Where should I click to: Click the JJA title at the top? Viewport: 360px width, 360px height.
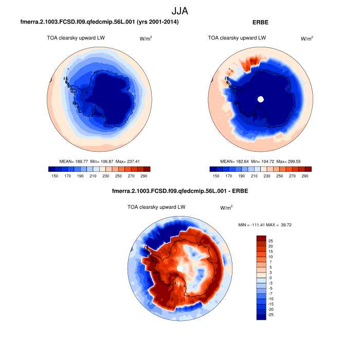coord(180,10)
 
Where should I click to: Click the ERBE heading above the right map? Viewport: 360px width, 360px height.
coord(260,23)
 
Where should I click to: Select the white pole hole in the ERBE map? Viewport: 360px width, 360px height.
coord(261,99)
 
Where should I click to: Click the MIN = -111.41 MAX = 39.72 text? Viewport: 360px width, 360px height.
coord(265,225)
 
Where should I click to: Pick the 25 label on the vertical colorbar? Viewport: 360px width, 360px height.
coord(271,241)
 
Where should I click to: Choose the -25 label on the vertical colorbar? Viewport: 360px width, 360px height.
coord(271,315)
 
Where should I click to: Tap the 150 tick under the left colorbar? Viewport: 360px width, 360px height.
coord(56,176)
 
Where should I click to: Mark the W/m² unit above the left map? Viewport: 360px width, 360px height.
coord(147,39)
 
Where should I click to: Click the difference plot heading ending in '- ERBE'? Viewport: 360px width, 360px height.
coord(180,192)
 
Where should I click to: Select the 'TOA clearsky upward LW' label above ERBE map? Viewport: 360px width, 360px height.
coord(237,38)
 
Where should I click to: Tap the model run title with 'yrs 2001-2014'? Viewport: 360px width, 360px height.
coord(99,23)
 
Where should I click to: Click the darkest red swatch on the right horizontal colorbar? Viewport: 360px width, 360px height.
coord(308,168)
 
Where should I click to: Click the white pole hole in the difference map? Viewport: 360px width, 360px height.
coord(181,269)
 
